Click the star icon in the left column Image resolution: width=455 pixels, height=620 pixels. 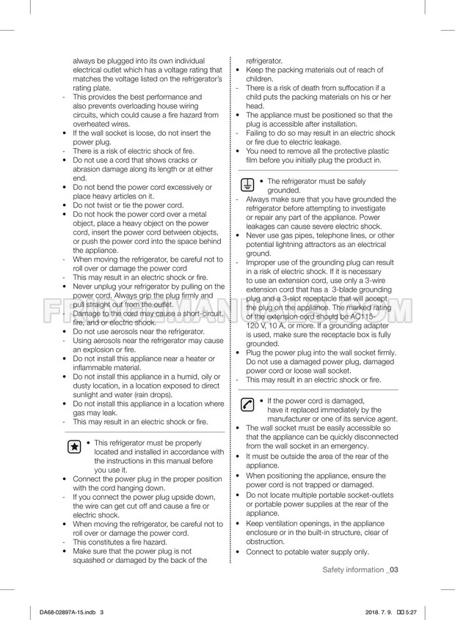pyautogui.click(x=73, y=447)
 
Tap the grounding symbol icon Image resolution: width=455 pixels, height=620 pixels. pyautogui.click(x=248, y=185)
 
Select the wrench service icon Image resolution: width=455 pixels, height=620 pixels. pyautogui.click(x=248, y=405)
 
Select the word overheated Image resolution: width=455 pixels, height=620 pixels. pyautogui.click(x=91, y=124)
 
